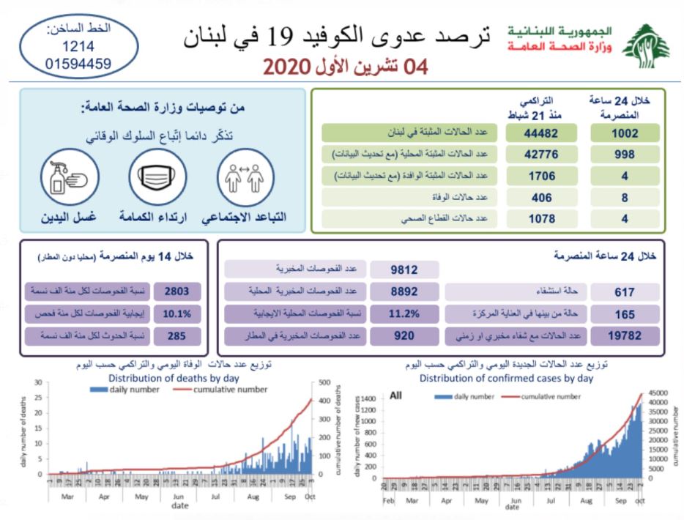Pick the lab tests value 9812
(x=404, y=270)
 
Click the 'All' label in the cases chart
(x=395, y=395)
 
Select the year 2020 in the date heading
(x=283, y=67)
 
